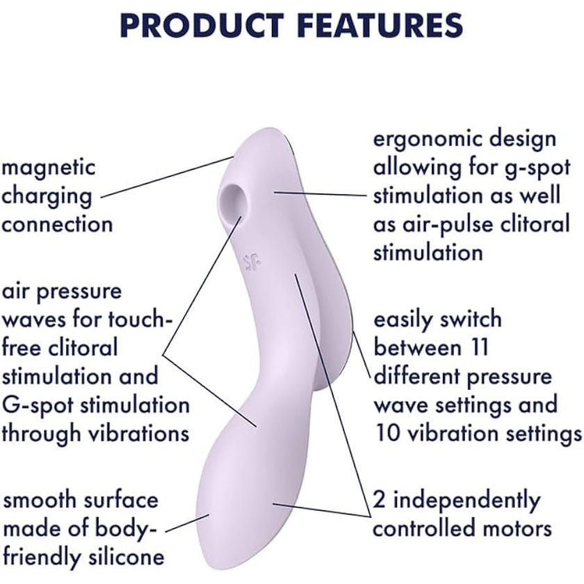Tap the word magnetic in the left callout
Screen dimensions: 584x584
coord(49,168)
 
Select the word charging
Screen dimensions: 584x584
coord(47,197)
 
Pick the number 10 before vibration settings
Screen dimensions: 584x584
coord(387,434)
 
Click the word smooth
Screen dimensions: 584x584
coord(39,500)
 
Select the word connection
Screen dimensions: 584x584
coord(57,224)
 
